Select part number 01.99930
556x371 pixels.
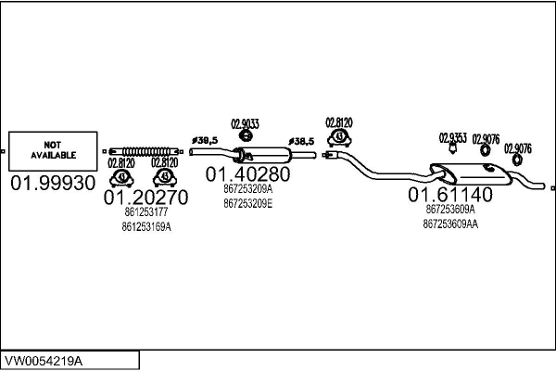(53, 183)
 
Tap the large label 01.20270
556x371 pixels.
(145, 197)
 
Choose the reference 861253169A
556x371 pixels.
(146, 226)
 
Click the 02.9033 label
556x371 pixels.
(244, 123)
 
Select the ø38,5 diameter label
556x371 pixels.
(301, 140)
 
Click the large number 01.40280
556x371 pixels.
(247, 173)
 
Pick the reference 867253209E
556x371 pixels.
(247, 202)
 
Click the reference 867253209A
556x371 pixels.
(247, 188)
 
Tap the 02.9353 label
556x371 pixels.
(452, 139)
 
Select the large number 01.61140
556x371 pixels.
(451, 195)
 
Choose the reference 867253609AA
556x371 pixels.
(450, 224)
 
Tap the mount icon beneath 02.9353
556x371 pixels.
(452, 152)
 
